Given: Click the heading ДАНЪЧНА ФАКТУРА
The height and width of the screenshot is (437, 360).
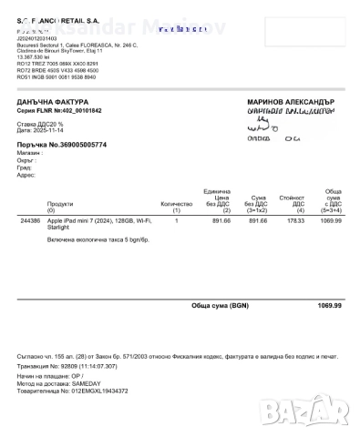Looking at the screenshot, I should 54,101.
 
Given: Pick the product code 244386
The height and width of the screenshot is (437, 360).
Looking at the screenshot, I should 30,220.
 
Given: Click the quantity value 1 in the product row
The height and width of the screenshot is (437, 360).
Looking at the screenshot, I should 177,220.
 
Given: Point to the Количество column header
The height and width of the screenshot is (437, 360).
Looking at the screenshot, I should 177,204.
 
